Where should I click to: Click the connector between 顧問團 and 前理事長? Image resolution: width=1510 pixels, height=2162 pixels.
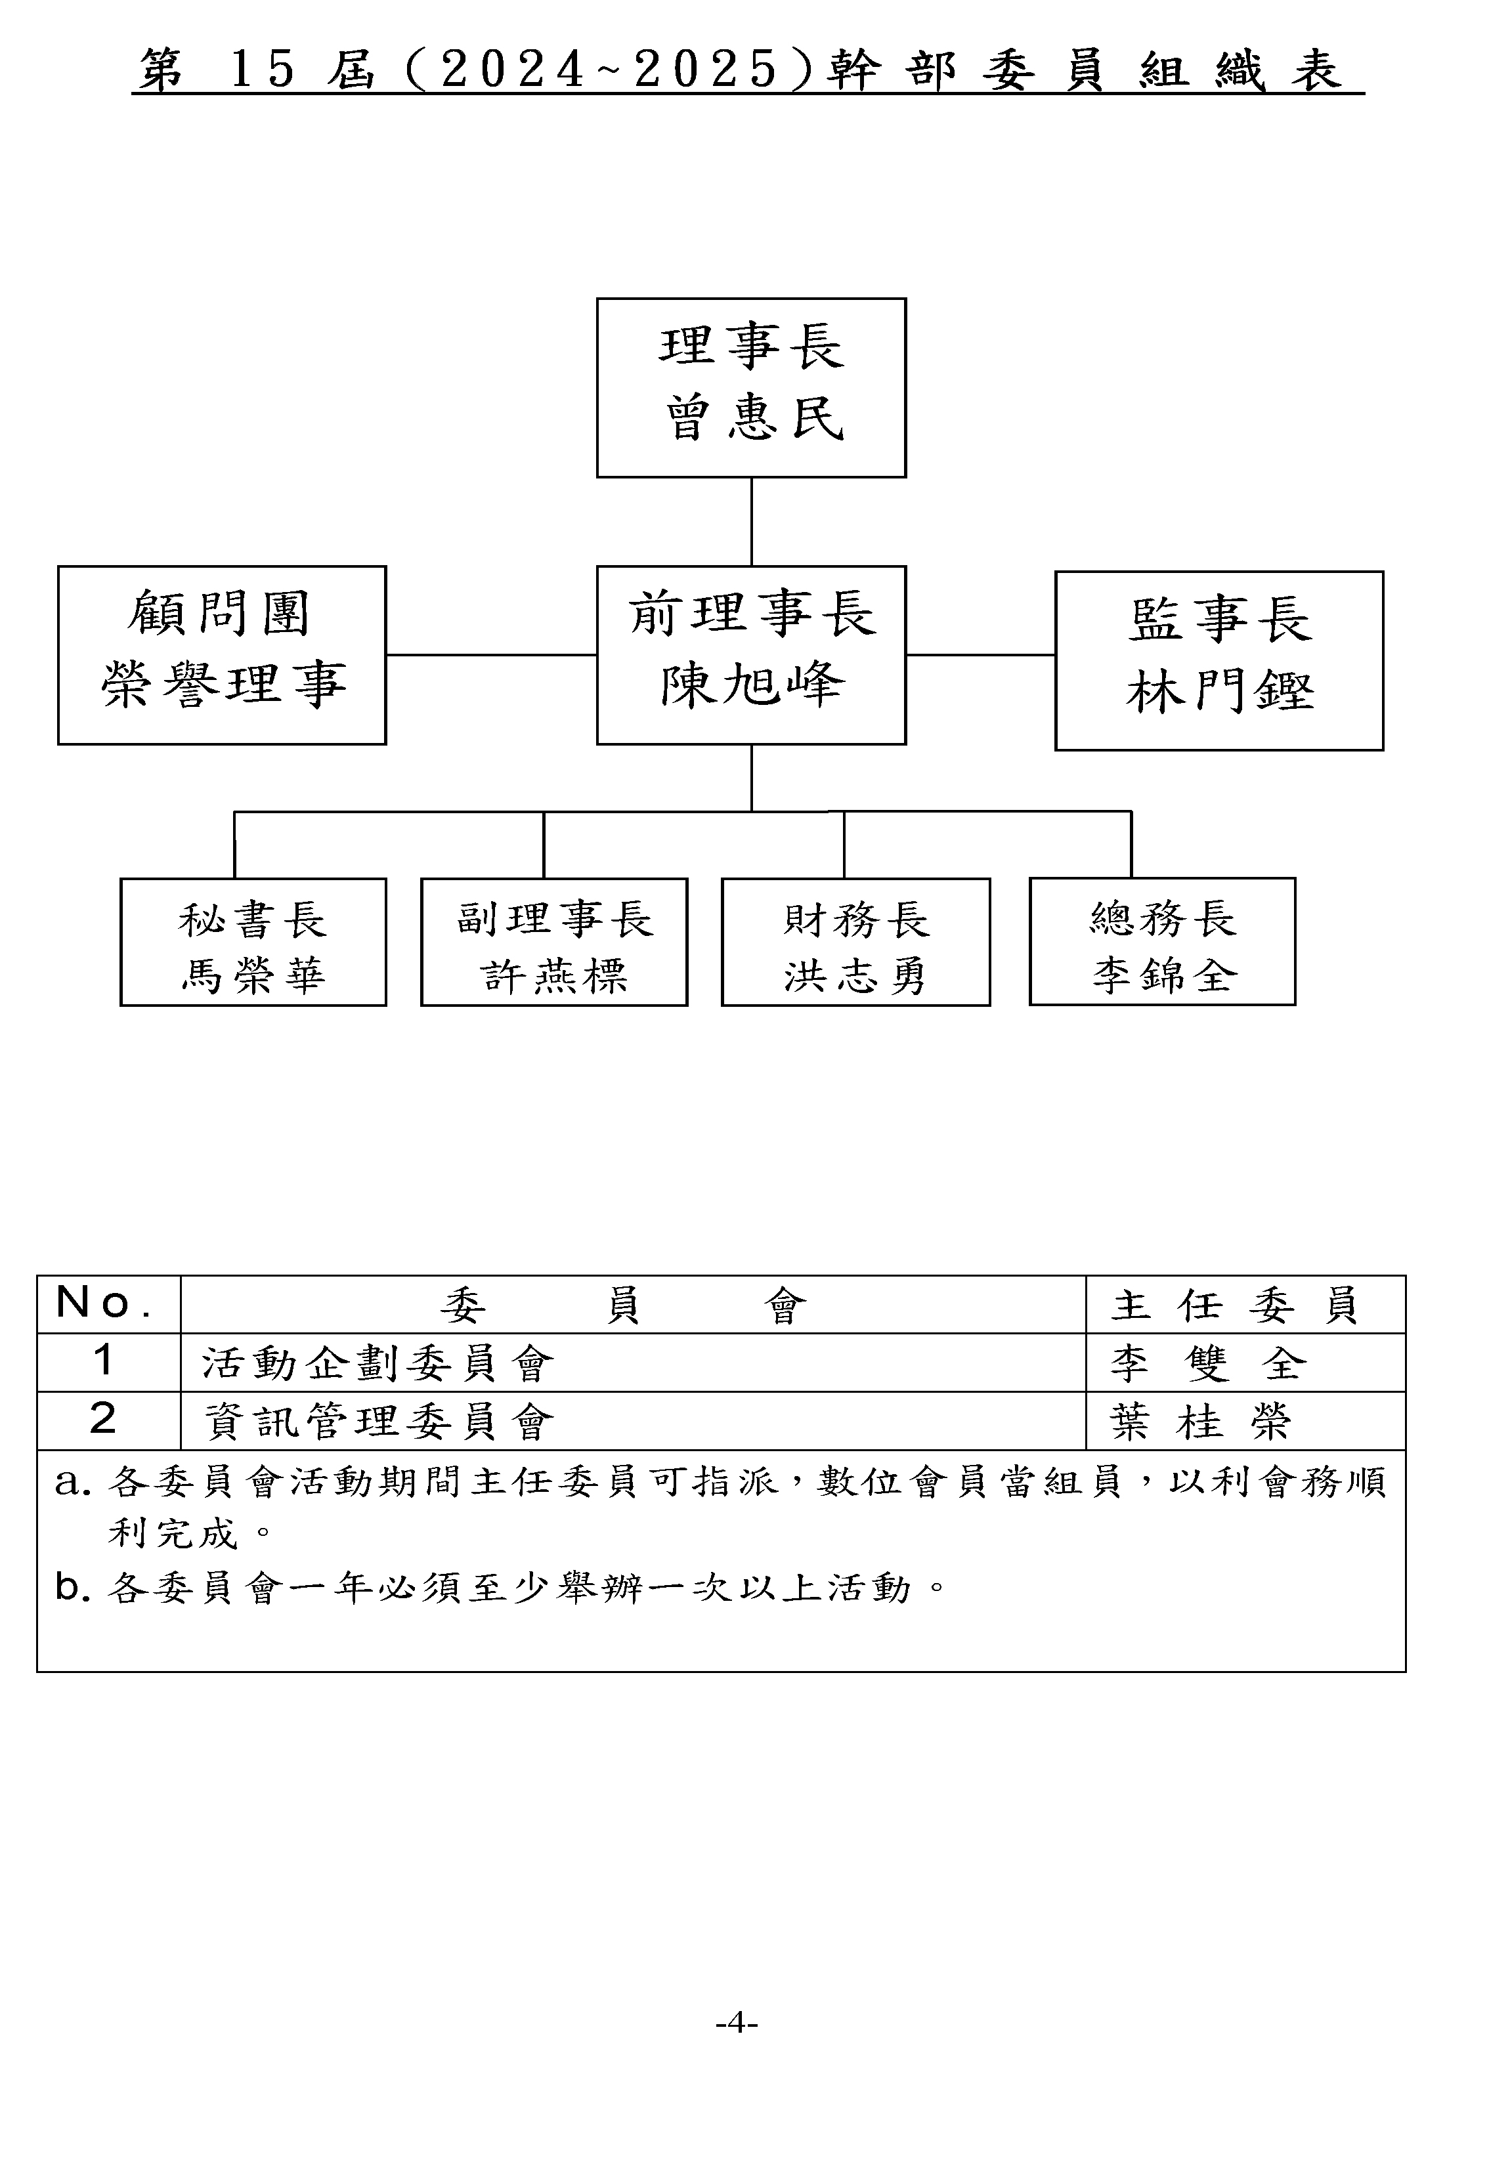[492, 654]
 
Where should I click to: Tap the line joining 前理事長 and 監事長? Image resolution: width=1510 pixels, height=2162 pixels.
[981, 654]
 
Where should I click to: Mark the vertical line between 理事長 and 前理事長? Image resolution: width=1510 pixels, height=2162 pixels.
[752, 522]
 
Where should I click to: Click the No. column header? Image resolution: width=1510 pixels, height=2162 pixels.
[104, 1304]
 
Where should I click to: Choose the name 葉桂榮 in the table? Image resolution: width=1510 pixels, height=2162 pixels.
[1201, 1422]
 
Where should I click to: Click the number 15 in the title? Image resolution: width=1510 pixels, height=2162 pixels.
[263, 70]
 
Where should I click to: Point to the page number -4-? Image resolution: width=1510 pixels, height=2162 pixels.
[737, 2023]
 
